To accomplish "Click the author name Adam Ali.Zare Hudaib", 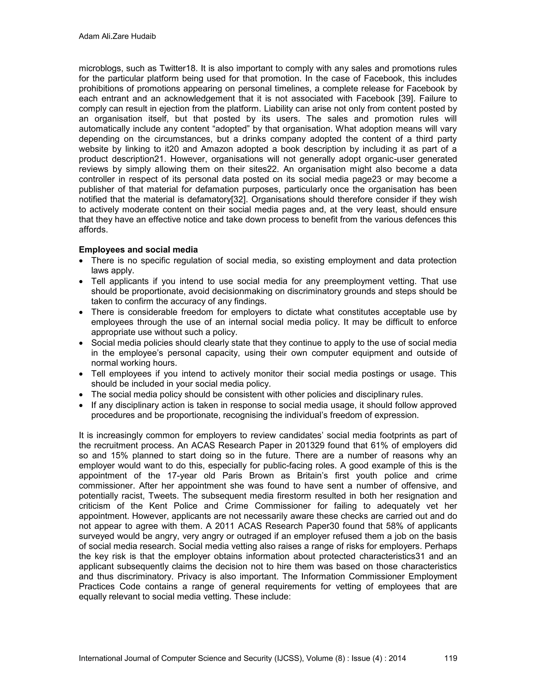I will (117, 37).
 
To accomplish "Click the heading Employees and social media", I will (138, 250).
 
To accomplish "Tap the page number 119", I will (451, 658).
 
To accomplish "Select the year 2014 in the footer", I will (397, 658).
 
